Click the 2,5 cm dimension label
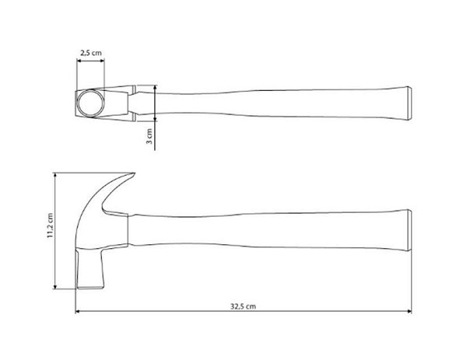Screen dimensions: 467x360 click(x=91, y=53)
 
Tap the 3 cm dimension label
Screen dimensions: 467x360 click(x=149, y=136)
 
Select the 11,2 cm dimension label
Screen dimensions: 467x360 click(x=50, y=225)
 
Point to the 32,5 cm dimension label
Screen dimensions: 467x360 click(x=243, y=306)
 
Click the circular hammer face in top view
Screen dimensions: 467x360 click(x=91, y=103)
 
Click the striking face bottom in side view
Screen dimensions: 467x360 click(x=91, y=288)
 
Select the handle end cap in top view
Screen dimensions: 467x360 click(x=409, y=103)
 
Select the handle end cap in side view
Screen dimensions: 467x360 click(x=409, y=231)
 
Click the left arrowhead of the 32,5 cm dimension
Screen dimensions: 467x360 click(x=78, y=312)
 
